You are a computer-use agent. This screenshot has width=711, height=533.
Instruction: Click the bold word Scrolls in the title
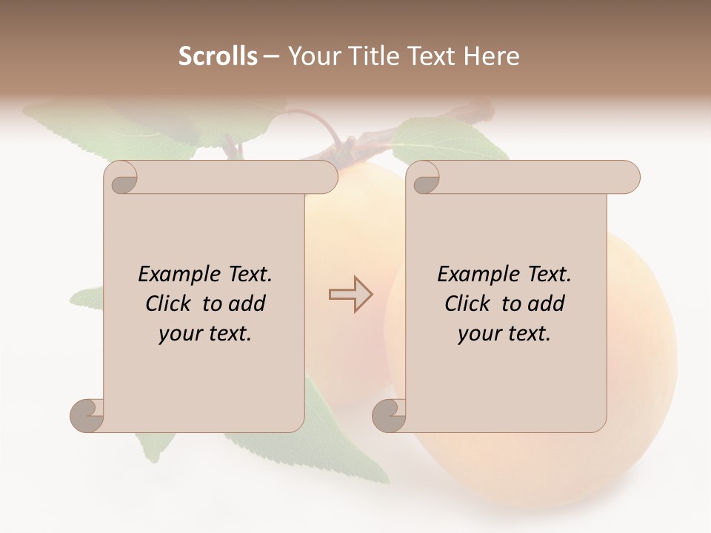pyautogui.click(x=218, y=56)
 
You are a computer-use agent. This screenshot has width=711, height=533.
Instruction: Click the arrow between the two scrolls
pyautogui.click(x=350, y=294)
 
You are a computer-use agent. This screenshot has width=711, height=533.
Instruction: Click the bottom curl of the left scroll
pyautogui.click(x=87, y=415)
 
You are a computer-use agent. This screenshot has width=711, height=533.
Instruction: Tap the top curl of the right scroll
pyautogui.click(x=424, y=178)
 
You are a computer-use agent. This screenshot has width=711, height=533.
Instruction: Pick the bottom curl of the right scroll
pyautogui.click(x=389, y=415)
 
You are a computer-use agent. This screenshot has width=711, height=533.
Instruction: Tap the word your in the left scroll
pyautogui.click(x=180, y=333)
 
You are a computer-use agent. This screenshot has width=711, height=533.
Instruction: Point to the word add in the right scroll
pyautogui.click(x=546, y=304)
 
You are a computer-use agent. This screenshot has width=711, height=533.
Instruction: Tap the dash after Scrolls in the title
pyautogui.click(x=272, y=56)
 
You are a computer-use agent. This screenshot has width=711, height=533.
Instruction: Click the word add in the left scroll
pyautogui.click(x=247, y=304)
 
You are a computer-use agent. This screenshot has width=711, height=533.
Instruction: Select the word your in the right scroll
pyautogui.click(x=479, y=333)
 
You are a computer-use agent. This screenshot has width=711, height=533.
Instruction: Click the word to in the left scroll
pyautogui.click(x=212, y=304)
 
